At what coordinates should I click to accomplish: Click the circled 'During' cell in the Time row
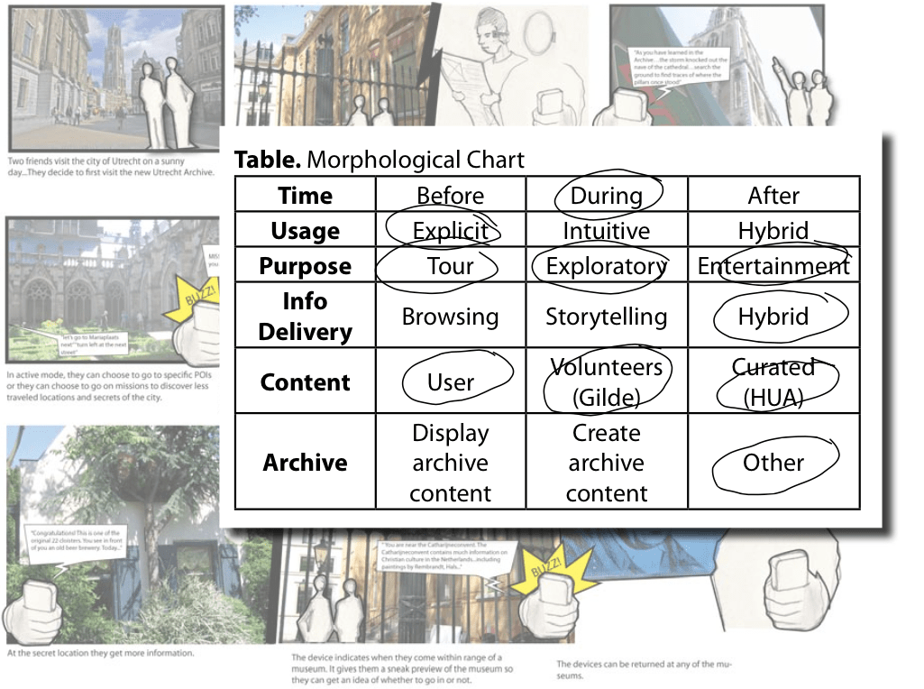point(607,195)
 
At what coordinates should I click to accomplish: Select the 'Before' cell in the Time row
point(450,196)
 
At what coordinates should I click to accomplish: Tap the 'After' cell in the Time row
point(773,196)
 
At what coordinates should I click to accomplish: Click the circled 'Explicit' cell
point(450,231)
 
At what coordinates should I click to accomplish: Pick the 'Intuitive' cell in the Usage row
point(607,231)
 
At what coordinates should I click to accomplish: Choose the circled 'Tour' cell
point(450,266)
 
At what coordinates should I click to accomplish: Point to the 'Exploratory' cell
point(607,266)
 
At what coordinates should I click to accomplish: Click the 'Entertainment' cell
point(773,266)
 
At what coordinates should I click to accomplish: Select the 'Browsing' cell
point(450,317)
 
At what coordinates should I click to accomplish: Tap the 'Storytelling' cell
point(607,317)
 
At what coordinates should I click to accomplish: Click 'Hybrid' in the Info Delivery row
point(773,317)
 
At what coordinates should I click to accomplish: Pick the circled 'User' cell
point(450,382)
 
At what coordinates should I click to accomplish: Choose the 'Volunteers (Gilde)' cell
point(607,381)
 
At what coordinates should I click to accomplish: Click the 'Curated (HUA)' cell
point(773,381)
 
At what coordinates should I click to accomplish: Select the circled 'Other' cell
point(773,463)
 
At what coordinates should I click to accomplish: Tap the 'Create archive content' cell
point(607,463)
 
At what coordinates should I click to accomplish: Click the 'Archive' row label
point(305,463)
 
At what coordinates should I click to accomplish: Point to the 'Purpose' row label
point(305,266)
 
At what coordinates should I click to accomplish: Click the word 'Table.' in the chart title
point(267,161)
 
